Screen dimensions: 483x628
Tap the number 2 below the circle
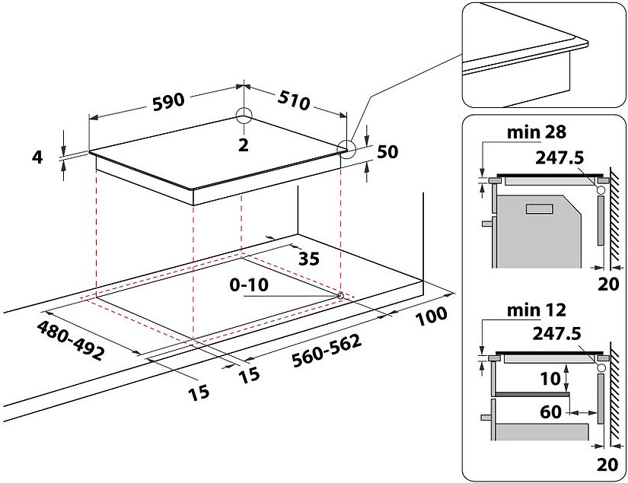(x=244, y=145)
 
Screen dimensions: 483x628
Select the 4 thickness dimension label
(x=37, y=157)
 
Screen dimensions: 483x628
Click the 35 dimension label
(x=308, y=259)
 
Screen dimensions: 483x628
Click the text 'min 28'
(x=537, y=132)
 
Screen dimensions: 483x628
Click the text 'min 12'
(x=537, y=310)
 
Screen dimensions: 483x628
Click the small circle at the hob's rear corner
(x=244, y=116)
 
